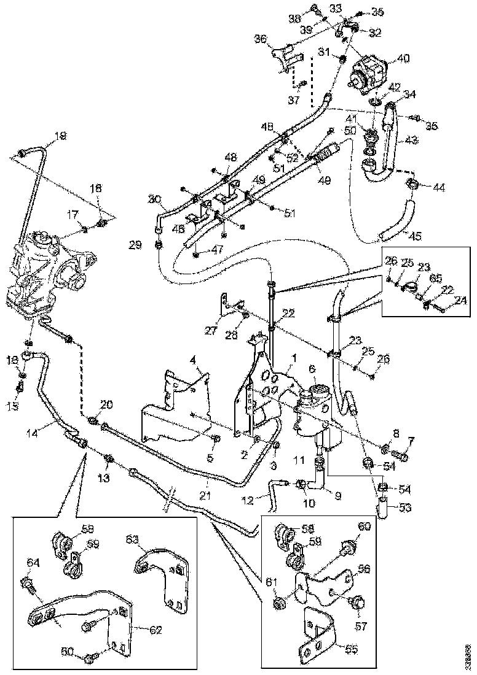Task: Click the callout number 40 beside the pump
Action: coord(403,60)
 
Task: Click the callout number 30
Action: coord(154,199)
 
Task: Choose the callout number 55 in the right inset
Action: coord(351,648)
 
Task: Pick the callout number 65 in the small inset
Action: coord(435,278)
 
